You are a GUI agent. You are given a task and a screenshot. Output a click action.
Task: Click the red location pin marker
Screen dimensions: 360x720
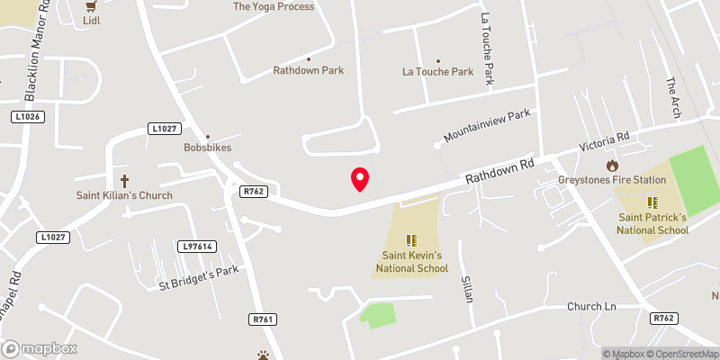click(359, 178)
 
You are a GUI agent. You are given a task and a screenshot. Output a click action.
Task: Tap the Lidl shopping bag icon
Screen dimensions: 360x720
click(90, 5)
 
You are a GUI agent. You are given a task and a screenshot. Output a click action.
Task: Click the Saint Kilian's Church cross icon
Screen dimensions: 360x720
click(124, 180)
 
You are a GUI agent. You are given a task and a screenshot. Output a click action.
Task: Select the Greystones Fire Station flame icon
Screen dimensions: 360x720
click(612, 165)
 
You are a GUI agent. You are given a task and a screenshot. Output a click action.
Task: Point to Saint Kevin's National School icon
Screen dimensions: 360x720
click(411, 240)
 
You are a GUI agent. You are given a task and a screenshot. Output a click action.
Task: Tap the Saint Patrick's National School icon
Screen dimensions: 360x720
click(652, 202)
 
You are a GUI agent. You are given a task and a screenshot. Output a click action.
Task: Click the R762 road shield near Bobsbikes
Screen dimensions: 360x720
click(252, 191)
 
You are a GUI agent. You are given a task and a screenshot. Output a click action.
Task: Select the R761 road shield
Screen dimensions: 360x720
click(262, 319)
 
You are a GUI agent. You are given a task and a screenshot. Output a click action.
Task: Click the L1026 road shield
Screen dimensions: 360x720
click(28, 117)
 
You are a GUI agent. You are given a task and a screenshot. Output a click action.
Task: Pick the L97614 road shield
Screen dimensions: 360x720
click(196, 246)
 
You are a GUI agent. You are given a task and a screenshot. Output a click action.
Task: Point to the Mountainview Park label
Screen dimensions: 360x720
click(488, 128)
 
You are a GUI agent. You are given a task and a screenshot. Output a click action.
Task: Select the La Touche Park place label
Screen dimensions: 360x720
click(437, 72)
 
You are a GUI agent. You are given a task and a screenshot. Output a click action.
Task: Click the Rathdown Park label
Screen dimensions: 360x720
click(310, 70)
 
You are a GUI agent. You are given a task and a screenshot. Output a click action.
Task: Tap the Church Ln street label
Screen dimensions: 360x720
click(589, 306)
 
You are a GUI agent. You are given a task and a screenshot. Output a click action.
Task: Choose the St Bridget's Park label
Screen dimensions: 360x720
click(198, 278)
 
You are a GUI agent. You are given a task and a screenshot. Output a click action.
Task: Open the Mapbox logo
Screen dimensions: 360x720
click(39, 348)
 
